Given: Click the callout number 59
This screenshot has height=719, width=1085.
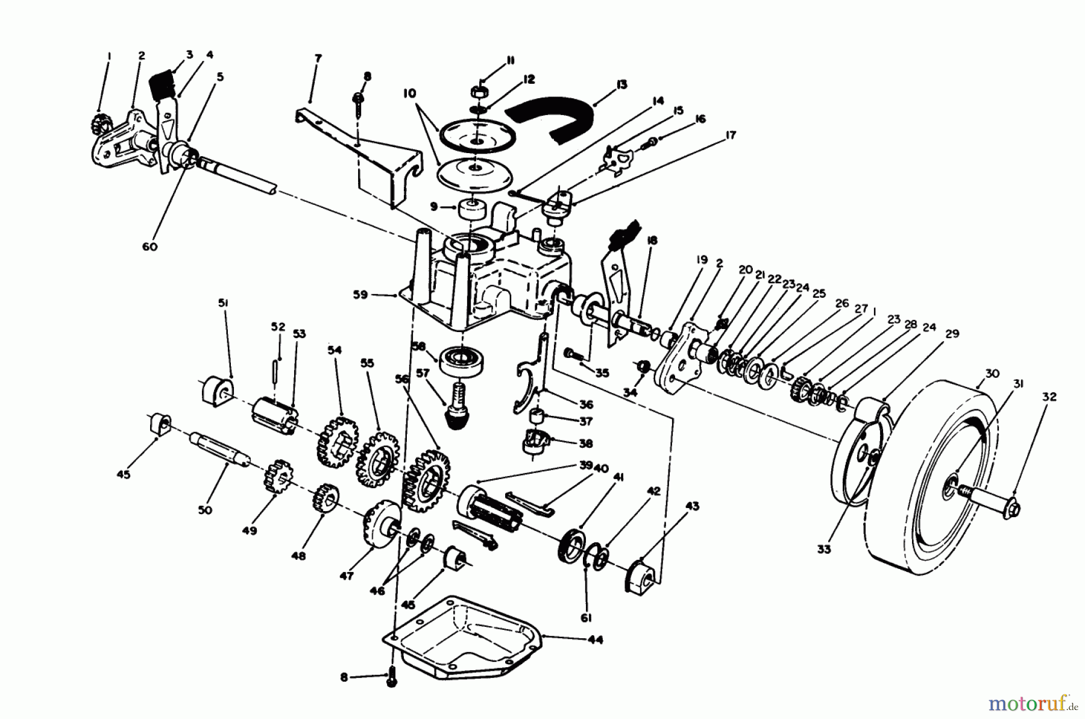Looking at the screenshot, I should (360, 295).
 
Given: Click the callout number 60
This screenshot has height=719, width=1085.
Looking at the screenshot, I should (149, 246).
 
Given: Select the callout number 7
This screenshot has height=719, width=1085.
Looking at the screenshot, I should (318, 58).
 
